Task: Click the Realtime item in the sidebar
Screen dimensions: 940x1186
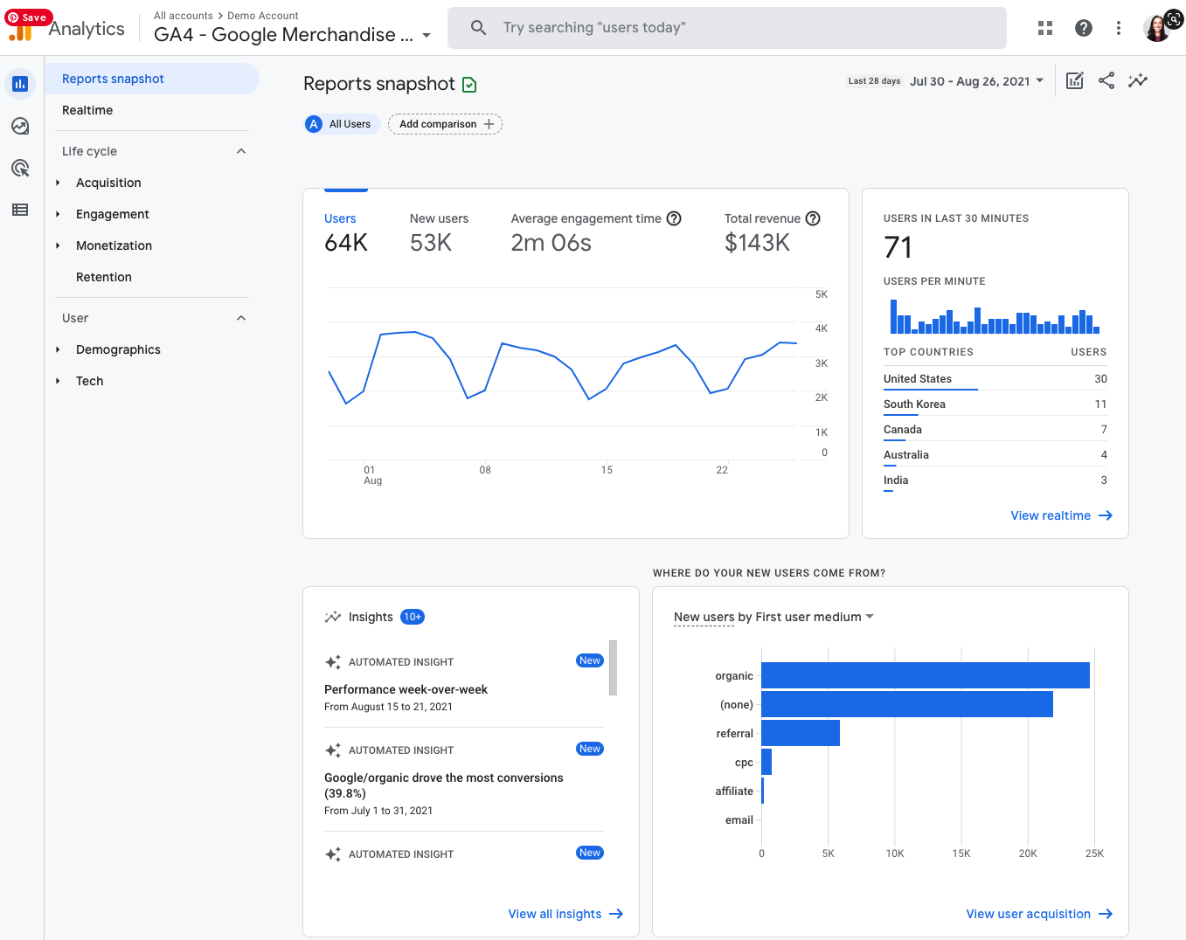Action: (x=87, y=110)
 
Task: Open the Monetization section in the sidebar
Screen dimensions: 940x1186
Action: (x=114, y=245)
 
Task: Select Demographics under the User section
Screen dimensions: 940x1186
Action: (x=118, y=349)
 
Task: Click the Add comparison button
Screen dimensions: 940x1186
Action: (x=445, y=124)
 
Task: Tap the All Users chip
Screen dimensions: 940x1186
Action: (x=342, y=124)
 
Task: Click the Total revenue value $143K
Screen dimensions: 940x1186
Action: (x=757, y=243)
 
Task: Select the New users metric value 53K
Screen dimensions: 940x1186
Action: (x=431, y=243)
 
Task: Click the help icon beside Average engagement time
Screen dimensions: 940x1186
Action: (x=674, y=218)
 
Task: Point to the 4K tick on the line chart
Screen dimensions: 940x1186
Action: (x=821, y=328)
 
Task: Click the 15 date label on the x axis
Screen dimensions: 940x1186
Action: (x=607, y=470)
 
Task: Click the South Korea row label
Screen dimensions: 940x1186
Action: (x=914, y=404)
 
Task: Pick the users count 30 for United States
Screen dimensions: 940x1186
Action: (x=1100, y=378)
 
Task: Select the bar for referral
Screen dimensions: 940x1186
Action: (x=800, y=733)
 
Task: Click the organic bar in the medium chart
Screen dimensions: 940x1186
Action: (x=925, y=675)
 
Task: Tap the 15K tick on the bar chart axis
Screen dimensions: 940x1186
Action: (x=961, y=854)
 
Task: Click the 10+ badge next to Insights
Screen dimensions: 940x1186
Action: (x=413, y=617)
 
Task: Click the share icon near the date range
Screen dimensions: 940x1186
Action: (x=1106, y=80)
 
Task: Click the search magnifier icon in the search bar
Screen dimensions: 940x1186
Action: (x=478, y=28)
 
